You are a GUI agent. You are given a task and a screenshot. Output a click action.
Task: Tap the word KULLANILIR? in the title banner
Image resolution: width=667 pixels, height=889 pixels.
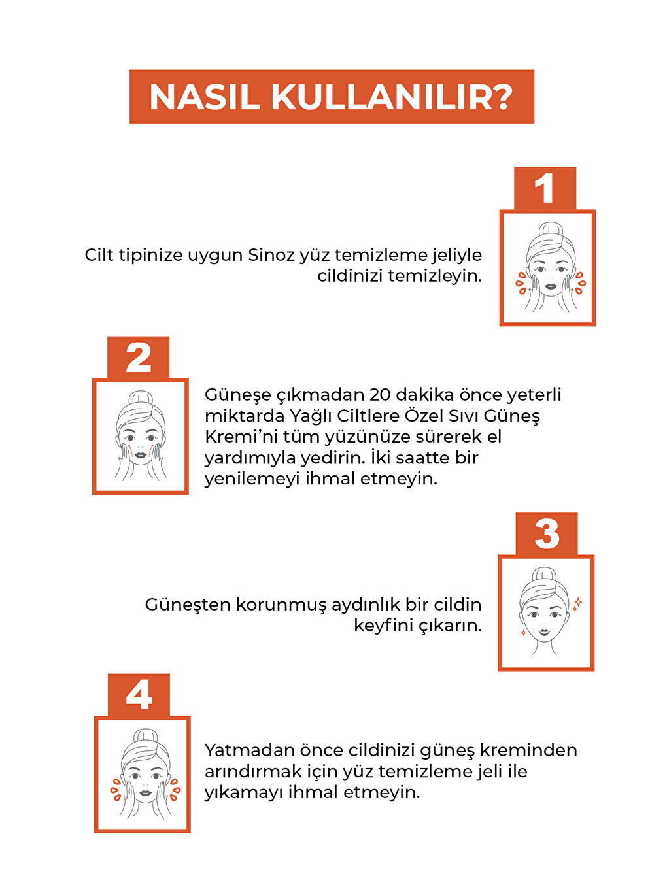tap(392, 97)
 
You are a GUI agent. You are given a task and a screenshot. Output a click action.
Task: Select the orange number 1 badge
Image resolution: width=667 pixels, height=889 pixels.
tap(545, 188)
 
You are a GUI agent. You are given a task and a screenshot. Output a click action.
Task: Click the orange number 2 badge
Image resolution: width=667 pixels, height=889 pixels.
tap(139, 358)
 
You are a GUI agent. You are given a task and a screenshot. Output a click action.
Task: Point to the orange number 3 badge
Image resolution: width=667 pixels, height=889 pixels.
tap(547, 534)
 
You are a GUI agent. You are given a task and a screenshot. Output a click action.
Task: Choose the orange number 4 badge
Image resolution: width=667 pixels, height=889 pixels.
tap(139, 696)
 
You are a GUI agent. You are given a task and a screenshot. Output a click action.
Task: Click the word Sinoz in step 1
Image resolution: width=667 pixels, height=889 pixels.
tap(271, 255)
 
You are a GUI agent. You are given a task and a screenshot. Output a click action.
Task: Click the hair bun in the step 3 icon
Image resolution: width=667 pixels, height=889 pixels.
tap(544, 575)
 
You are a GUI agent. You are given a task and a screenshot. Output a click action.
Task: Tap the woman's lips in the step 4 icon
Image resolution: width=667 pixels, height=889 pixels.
tap(145, 794)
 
